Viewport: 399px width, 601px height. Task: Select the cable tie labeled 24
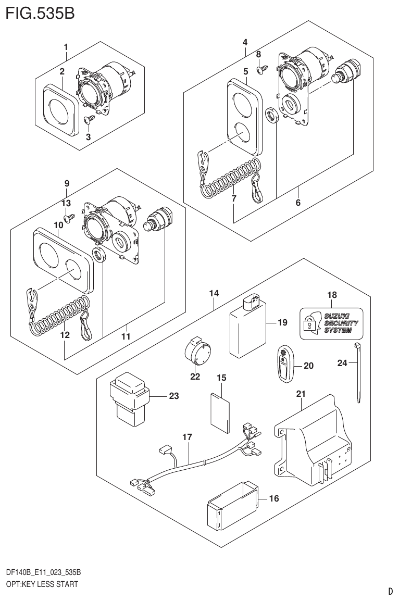tap(358, 372)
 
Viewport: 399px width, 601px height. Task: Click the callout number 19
tap(282, 323)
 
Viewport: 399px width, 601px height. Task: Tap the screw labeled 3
tap(89, 121)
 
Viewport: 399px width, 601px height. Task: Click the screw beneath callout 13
tap(68, 218)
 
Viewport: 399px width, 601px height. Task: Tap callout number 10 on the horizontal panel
tap(58, 224)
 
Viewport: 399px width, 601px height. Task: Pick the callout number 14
tap(214, 294)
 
